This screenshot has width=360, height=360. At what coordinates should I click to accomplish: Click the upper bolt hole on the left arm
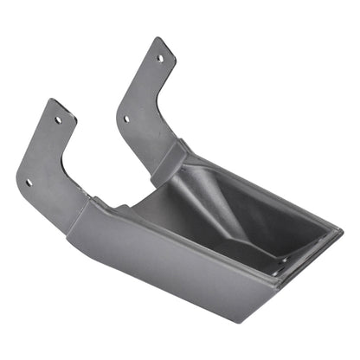[58, 120]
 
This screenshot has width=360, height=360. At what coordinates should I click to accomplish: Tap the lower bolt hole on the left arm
[29, 182]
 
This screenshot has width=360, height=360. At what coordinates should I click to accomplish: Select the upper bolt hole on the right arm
[159, 58]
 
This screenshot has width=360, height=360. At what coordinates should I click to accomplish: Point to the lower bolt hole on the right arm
[126, 119]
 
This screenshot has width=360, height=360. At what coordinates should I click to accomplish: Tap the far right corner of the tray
[338, 232]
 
